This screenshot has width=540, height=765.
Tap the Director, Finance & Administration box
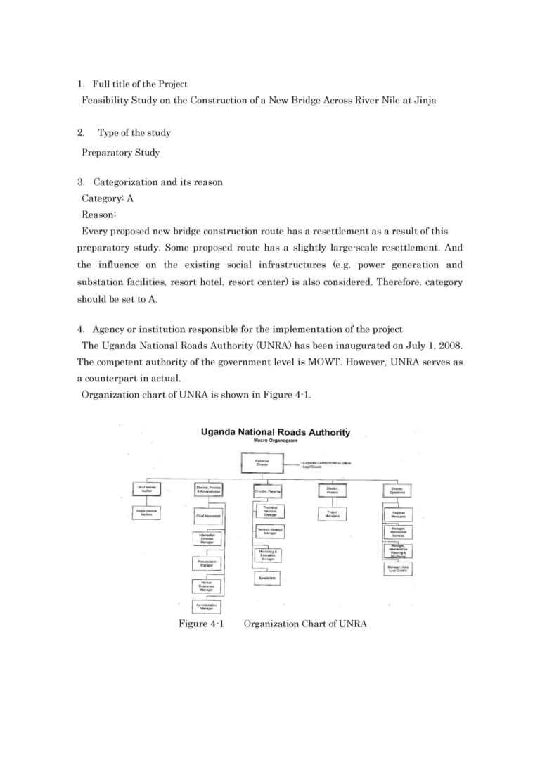pyautogui.click(x=208, y=491)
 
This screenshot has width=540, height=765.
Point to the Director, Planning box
pyautogui.click(x=269, y=491)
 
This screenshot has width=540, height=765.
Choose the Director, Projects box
pyautogui.click(x=333, y=491)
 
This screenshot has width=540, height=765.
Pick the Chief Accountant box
pyautogui.click(x=208, y=516)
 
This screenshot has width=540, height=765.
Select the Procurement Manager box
pyautogui.click(x=207, y=563)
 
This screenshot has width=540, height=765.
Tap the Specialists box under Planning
pyautogui.click(x=269, y=579)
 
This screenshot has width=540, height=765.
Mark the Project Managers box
pyautogui.click(x=333, y=514)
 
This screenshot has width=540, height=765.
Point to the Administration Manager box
pyautogui.click(x=207, y=606)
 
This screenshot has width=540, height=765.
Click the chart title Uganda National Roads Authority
pyautogui.click(x=276, y=432)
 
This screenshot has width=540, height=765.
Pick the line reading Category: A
pyautogui.click(x=108, y=198)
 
